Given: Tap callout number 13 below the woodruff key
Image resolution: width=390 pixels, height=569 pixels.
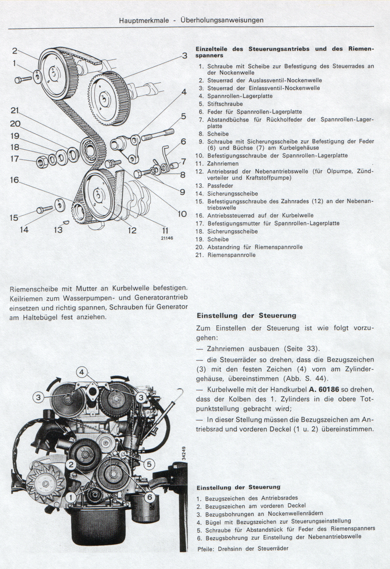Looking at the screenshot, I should (58, 230).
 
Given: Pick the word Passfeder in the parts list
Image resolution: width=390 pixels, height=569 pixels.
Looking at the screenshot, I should (220, 186).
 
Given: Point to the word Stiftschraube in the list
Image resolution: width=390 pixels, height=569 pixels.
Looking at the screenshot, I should (225, 104).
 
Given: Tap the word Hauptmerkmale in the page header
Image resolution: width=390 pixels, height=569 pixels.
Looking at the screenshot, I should (144, 20).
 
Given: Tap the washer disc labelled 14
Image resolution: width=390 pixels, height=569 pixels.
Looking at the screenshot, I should (60, 205).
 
